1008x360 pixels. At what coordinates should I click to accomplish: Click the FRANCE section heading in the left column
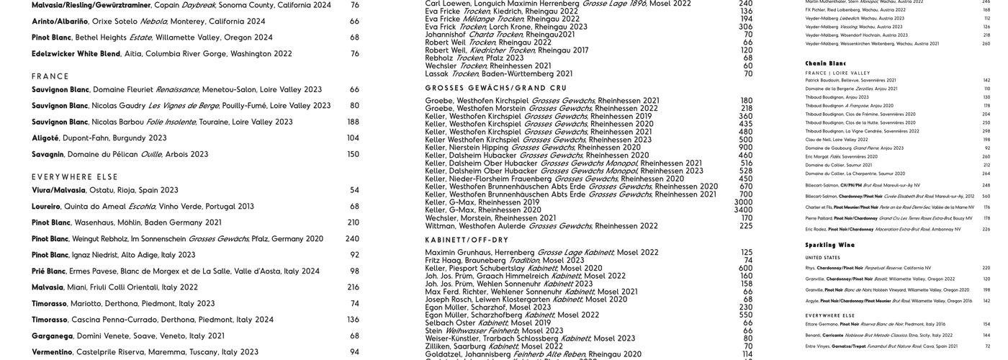tap(50, 76)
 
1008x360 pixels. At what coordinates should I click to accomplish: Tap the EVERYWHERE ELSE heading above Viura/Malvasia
tap(75, 176)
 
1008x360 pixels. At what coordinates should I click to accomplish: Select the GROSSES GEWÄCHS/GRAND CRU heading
tap(496, 88)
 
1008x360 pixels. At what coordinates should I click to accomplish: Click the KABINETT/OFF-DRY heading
tap(467, 240)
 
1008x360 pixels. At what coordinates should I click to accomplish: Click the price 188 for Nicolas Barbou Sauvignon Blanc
tap(353, 122)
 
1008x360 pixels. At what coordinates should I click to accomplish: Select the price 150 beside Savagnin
tap(353, 154)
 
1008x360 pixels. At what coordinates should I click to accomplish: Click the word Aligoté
tap(45, 138)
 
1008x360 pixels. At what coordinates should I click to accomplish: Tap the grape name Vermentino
tap(52, 352)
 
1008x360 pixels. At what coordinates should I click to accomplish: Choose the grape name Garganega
tap(52, 336)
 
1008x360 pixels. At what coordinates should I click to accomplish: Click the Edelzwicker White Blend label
tap(76, 53)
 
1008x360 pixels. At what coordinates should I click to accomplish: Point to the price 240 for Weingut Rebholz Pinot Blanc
tap(352, 239)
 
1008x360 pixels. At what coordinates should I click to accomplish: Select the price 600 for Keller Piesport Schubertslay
tap(745, 268)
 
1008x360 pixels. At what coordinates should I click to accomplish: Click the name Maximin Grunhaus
tap(459, 252)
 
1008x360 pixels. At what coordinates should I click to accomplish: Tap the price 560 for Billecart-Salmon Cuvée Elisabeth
tap(986, 196)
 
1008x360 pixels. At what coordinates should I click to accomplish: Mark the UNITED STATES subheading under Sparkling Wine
tap(822, 258)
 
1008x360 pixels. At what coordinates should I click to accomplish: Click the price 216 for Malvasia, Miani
tap(353, 287)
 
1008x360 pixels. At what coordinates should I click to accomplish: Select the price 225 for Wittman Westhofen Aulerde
tap(746, 225)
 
